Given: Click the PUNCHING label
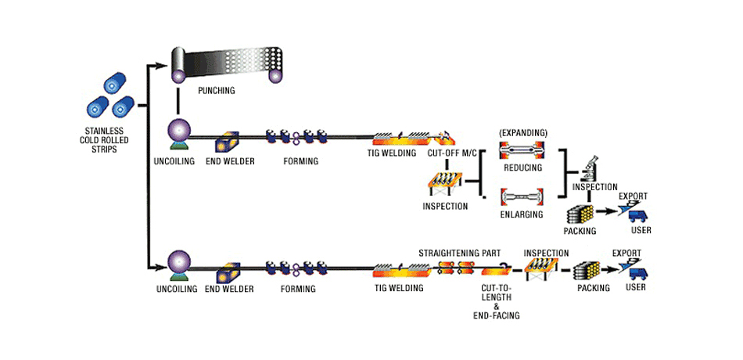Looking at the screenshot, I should [217, 91].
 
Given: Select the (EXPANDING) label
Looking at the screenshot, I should [522, 133].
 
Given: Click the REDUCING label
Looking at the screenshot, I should [523, 168].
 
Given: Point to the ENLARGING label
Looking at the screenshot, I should [522, 214].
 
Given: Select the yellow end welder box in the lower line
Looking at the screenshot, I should [229, 272].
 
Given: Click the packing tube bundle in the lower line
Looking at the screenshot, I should [587, 270].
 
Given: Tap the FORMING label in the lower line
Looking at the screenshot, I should [298, 289].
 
